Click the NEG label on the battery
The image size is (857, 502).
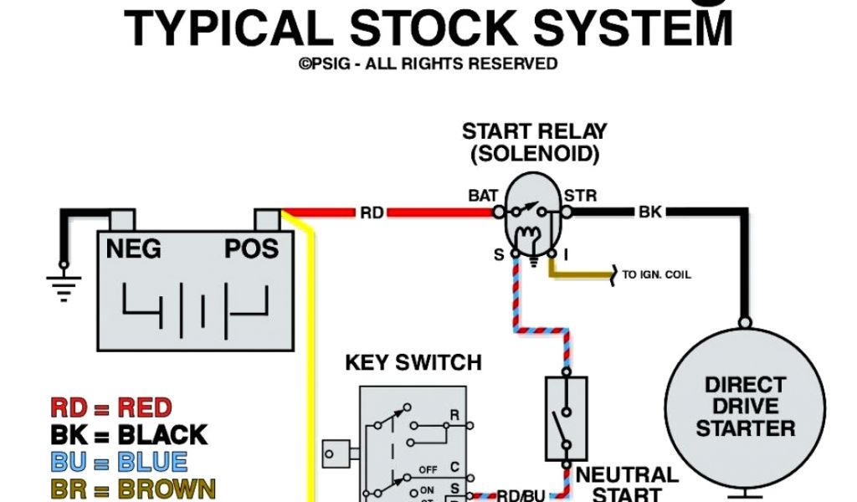(134, 249)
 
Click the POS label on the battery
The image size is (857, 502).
(251, 249)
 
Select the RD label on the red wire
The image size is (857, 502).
(372, 213)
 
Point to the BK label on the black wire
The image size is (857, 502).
(650, 213)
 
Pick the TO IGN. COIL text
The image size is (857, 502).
(657, 274)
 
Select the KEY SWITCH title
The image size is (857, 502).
(413, 363)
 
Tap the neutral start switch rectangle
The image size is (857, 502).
(567, 417)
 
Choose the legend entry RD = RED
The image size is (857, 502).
(111, 408)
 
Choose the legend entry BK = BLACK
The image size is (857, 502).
(129, 435)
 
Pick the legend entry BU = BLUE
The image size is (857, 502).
(119, 462)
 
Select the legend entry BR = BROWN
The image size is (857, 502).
(133, 489)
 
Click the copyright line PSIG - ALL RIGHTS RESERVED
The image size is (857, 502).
(428, 64)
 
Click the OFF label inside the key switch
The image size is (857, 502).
(428, 469)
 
